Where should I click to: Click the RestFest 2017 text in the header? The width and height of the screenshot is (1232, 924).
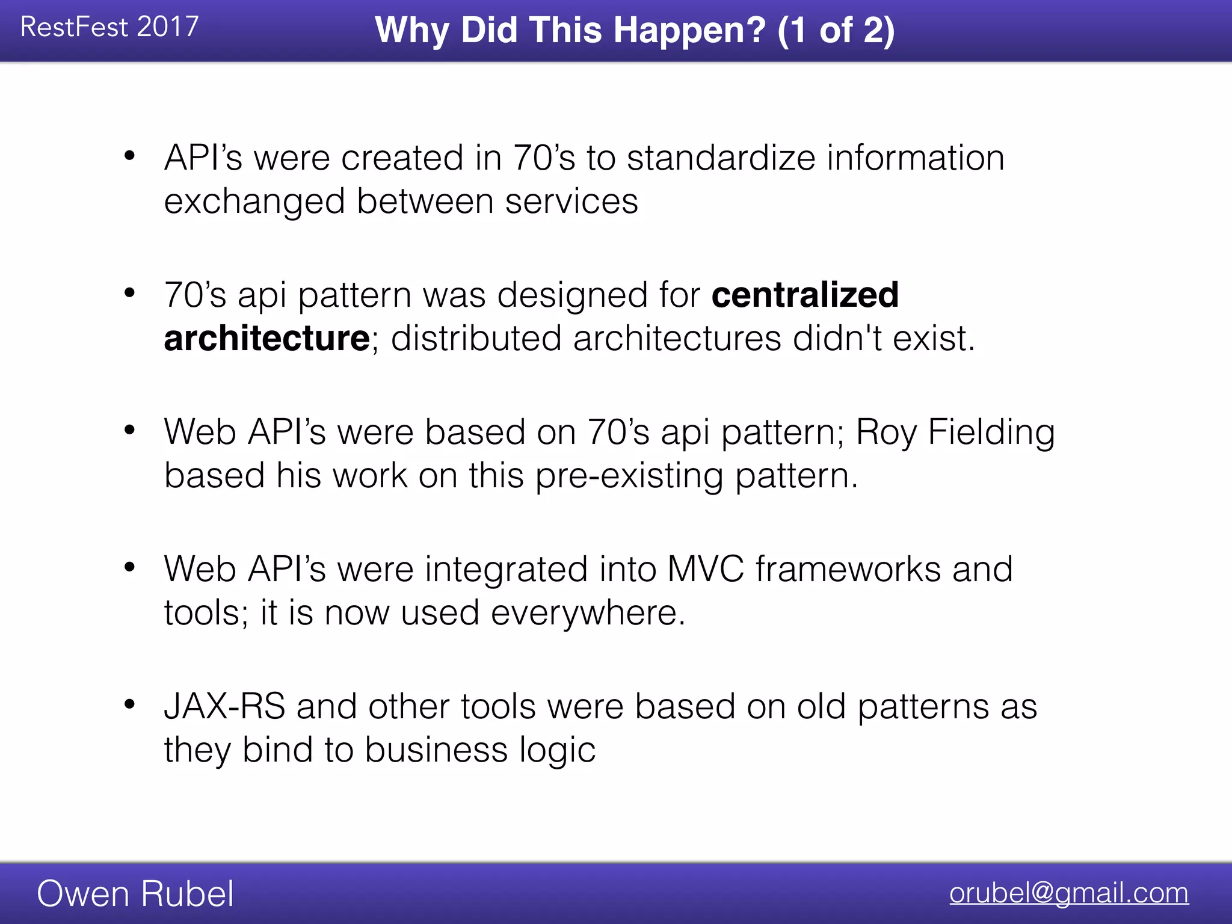click(109, 27)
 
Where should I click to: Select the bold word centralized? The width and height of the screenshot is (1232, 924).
click(805, 295)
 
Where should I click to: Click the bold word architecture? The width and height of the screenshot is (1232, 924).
click(266, 338)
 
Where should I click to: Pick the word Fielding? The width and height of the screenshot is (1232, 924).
click(991, 432)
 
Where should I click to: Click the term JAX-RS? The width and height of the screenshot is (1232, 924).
click(224, 706)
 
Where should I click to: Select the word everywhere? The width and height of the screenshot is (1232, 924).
click(588, 612)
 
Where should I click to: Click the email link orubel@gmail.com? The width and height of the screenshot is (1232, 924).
click(1069, 893)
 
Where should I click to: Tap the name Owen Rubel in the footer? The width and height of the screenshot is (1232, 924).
click(135, 893)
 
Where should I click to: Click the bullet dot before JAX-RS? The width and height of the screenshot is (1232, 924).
click(129, 704)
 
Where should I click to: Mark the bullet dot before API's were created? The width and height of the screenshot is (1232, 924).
click(129, 156)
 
